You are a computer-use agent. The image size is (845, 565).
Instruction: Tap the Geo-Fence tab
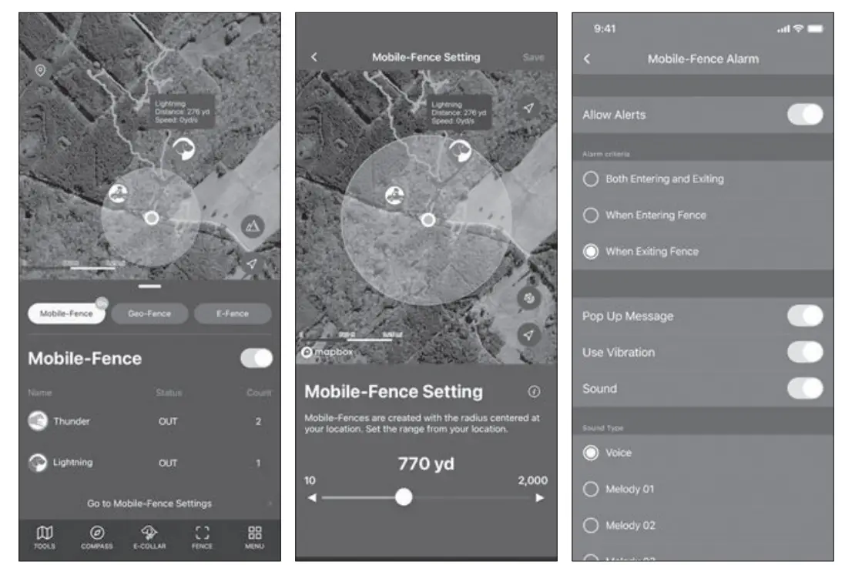tap(149, 313)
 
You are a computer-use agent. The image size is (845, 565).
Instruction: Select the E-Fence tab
tap(232, 313)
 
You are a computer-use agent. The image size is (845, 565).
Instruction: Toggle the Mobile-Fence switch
tap(257, 358)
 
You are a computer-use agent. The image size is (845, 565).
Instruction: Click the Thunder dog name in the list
tap(71, 421)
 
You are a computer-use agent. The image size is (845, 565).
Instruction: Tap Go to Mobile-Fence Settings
tap(149, 503)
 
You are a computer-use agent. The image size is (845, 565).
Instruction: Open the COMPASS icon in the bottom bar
tap(97, 536)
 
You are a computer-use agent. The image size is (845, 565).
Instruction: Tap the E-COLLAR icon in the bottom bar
tap(149, 536)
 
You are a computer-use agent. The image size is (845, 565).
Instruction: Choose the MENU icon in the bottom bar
tap(255, 536)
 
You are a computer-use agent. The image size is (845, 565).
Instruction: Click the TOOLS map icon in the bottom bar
tap(45, 536)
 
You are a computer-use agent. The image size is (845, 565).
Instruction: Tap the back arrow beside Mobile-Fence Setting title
tap(314, 57)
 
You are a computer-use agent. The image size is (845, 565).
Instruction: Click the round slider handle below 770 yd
tap(404, 497)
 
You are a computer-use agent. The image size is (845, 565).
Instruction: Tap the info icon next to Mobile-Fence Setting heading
tap(534, 392)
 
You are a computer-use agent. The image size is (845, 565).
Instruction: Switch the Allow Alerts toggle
tap(805, 115)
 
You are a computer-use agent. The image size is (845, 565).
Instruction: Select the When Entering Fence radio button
tap(591, 216)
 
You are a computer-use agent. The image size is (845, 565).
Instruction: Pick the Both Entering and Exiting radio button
tap(591, 179)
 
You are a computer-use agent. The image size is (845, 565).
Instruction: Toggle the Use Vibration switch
tap(805, 352)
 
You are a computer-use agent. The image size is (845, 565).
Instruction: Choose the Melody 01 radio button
tap(591, 489)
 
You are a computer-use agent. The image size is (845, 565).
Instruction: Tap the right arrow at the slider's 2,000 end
tap(540, 498)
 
